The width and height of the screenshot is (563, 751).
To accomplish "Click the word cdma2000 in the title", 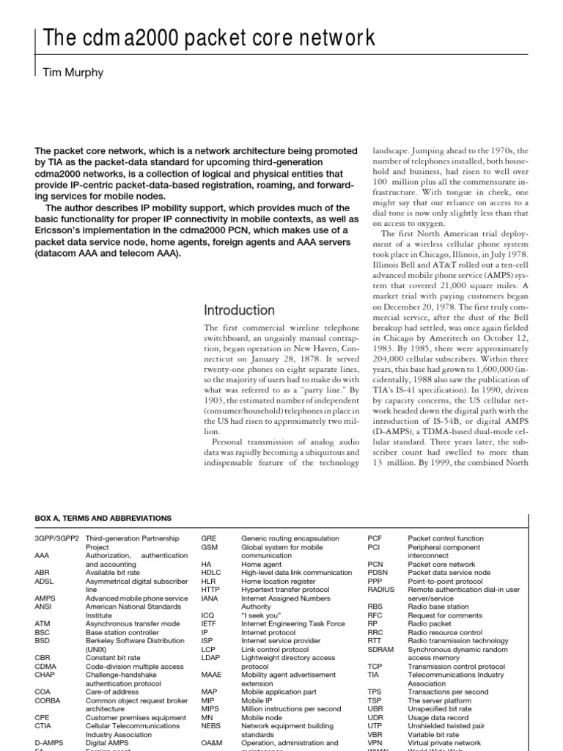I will click(x=125, y=37).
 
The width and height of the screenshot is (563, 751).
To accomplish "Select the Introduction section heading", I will click(x=239, y=309).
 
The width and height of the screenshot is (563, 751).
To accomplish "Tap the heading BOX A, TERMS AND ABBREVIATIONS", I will click(x=103, y=518).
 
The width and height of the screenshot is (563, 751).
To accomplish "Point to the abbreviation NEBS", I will click(x=212, y=726).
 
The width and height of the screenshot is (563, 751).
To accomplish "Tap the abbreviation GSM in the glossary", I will click(x=210, y=546).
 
